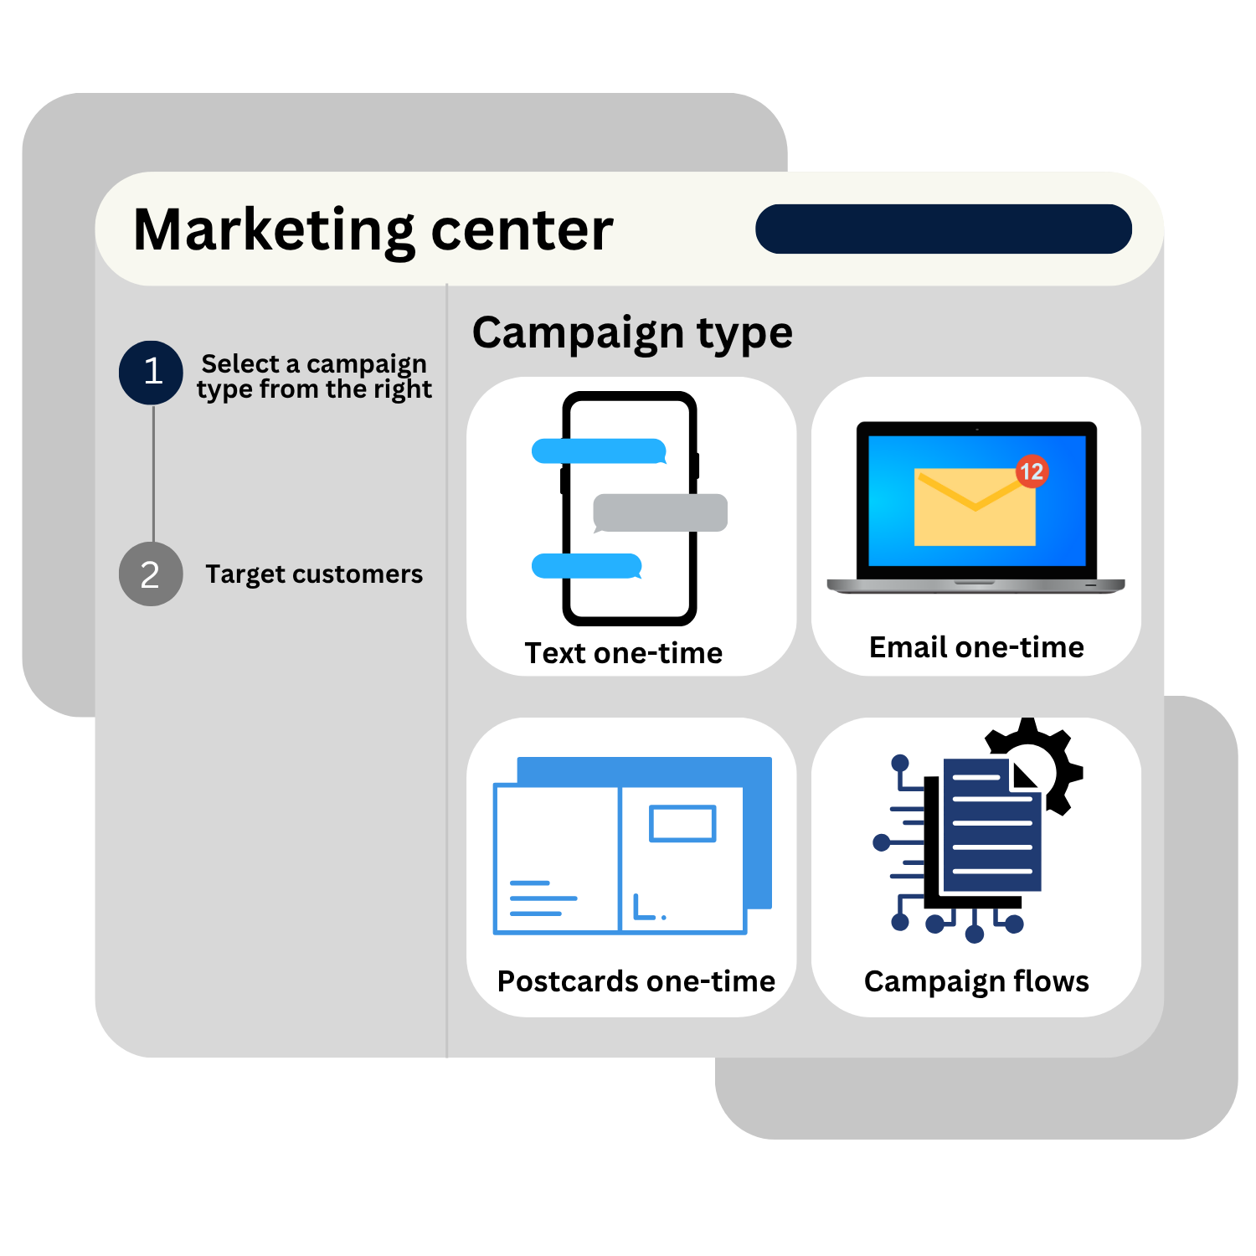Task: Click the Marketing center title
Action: (x=373, y=231)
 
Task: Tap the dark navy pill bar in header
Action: (x=944, y=229)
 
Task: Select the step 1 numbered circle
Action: (x=151, y=373)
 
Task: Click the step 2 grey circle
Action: (x=151, y=574)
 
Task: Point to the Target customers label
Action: (x=314, y=574)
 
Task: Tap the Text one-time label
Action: (x=624, y=653)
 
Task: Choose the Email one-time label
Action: (x=976, y=647)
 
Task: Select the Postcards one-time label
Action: (x=636, y=981)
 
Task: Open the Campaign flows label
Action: (x=976, y=982)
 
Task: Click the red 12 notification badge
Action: (x=1032, y=471)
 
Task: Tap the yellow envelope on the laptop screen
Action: (x=975, y=507)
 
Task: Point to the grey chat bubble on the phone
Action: (x=660, y=513)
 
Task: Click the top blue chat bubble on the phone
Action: (x=600, y=451)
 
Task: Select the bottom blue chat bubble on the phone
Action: (x=587, y=566)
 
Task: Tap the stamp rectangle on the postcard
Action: (x=682, y=823)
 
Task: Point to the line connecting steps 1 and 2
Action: (x=153, y=474)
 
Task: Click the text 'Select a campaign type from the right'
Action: (x=314, y=377)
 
